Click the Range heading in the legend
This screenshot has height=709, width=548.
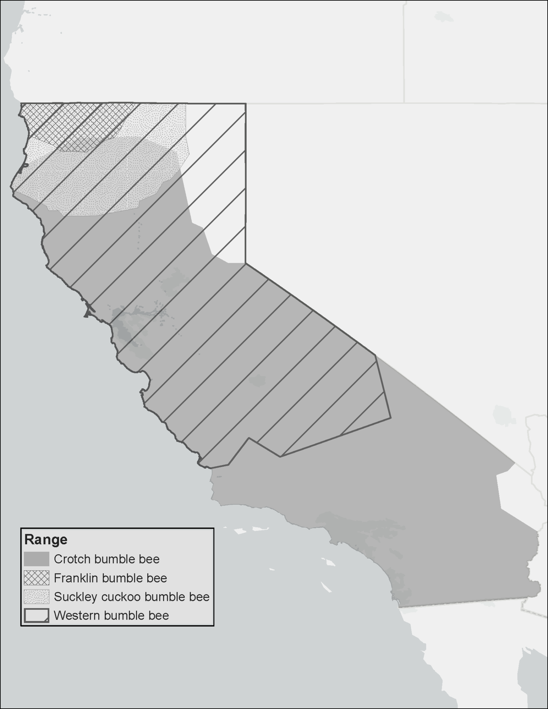point(46,540)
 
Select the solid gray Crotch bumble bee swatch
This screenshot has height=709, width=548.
point(36,559)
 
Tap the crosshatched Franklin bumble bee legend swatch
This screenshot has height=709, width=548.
point(36,578)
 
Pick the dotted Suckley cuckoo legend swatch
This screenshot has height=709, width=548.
point(36,597)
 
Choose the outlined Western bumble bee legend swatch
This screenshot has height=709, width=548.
point(36,616)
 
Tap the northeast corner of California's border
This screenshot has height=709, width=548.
point(246,103)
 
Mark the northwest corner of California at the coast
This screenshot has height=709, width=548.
point(21,103)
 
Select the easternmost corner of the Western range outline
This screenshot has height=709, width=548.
point(390,418)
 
